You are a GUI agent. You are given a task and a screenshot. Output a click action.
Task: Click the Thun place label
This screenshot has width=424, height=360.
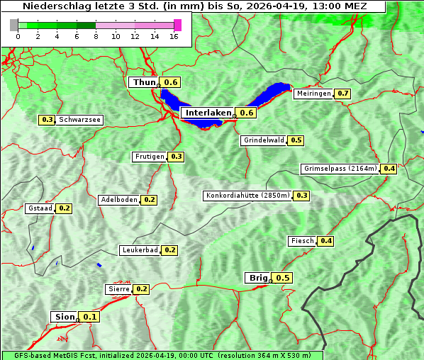coord(144,83)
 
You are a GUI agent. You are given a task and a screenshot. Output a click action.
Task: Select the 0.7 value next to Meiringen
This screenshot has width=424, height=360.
coord(343,94)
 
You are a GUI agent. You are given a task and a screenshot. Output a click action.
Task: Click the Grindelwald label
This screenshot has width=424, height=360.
coord(264,140)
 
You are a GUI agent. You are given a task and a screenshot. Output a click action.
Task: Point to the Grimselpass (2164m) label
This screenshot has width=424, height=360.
coord(340,169)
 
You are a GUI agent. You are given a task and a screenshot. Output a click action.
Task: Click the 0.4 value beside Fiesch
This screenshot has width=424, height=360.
coord(326,241)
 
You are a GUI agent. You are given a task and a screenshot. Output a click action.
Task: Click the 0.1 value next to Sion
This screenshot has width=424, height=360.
coord(90,317)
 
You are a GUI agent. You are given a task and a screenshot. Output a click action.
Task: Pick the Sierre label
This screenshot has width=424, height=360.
coord(118,289)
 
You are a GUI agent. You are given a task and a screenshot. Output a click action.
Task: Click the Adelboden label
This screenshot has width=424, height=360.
coord(118,200)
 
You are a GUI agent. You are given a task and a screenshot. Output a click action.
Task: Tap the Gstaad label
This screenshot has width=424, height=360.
coord(40,208)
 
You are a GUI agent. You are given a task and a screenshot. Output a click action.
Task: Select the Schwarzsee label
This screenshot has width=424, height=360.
coord(80,120)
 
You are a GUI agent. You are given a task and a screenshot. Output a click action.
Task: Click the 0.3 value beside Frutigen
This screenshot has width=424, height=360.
coord(177,157)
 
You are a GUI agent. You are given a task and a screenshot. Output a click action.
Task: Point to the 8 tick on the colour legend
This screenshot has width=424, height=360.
coord(96,36)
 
